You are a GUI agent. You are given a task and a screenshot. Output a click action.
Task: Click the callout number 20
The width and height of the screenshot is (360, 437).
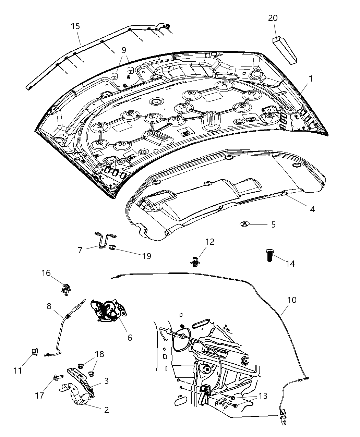pos(273,18)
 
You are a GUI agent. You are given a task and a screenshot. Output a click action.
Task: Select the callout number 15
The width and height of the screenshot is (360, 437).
pos(75,26)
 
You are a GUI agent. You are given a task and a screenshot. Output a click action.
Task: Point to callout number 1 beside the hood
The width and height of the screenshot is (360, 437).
pos(310,79)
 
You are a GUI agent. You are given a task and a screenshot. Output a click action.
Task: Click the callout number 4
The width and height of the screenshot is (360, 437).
pos(312,209)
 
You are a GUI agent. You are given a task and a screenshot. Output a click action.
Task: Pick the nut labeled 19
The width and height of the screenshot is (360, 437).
pos(112,247)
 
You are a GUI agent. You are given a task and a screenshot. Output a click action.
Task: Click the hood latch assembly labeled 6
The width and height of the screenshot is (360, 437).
pos(107,310)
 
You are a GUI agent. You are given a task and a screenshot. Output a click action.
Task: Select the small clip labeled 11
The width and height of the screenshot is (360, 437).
pos(34,352)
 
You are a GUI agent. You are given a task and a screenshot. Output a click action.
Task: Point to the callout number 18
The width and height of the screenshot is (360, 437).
pos(99,354)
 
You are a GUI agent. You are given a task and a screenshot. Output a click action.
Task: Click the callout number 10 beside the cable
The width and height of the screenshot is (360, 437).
pos(292,300)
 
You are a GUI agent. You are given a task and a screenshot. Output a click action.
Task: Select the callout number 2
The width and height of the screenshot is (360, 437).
pos(106,410)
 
